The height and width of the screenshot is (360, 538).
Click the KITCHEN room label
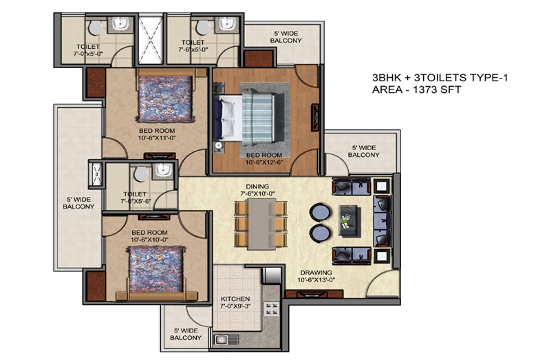(x=235, y=299)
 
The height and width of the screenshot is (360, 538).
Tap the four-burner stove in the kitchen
(x=271, y=308)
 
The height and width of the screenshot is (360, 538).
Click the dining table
(x=261, y=224)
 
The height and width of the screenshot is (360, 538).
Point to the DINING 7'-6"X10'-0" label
(x=257, y=190)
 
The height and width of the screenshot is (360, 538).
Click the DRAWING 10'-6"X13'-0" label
(x=316, y=276)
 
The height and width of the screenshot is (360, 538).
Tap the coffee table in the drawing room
(x=350, y=221)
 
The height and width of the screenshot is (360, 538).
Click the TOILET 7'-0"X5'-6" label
(x=135, y=198)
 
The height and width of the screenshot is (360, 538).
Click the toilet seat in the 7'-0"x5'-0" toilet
(x=95, y=28)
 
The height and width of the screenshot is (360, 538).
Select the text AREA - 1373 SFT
(x=416, y=90)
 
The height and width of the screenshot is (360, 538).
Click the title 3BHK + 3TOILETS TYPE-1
(x=440, y=78)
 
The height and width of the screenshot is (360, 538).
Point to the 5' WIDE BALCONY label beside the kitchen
(x=186, y=335)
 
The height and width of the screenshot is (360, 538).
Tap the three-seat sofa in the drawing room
(x=382, y=221)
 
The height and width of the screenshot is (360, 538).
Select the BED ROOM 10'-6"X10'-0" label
(x=149, y=236)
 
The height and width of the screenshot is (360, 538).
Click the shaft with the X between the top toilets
(x=151, y=39)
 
